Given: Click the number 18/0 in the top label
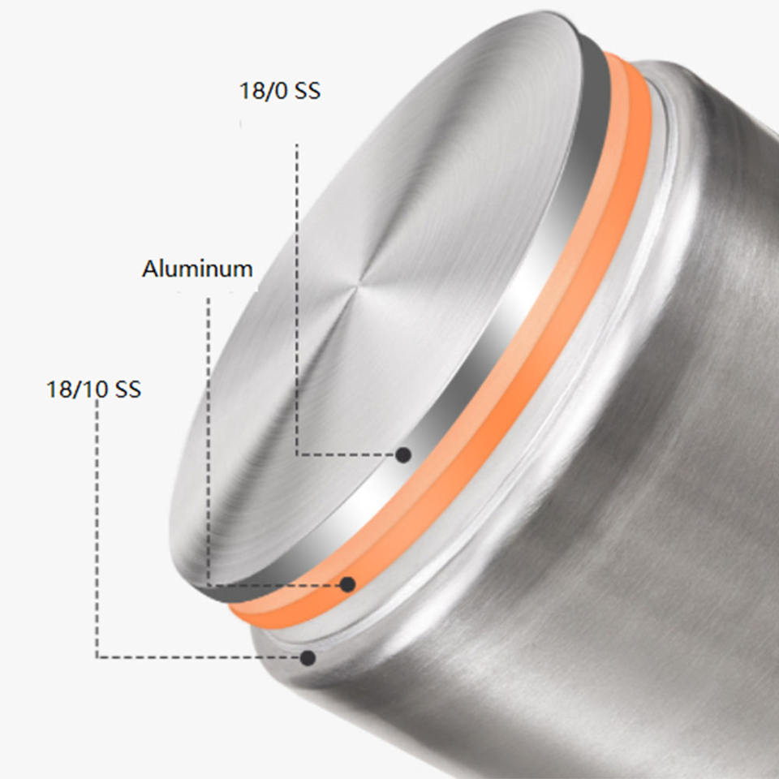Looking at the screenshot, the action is (x=262, y=91).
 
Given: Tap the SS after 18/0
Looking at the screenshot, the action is (x=308, y=91).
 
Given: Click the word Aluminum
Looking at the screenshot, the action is (x=197, y=269).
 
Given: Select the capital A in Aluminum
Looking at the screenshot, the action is (x=151, y=269).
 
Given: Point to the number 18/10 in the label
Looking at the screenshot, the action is (x=76, y=389).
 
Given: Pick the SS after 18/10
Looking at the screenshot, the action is (x=127, y=389).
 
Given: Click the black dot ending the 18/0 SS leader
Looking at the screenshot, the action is (x=403, y=454).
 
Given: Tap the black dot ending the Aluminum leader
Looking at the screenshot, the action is (x=348, y=584).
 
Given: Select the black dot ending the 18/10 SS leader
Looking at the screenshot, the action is (x=308, y=658).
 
